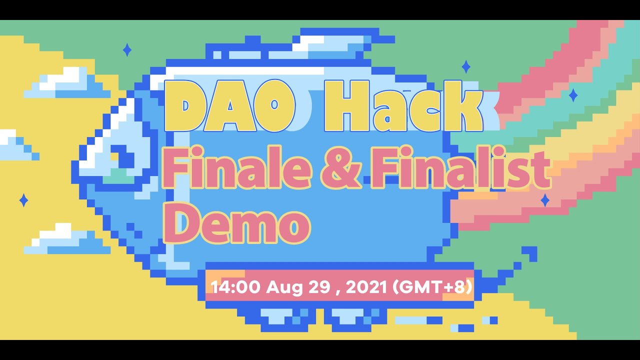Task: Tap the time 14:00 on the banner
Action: click(x=235, y=287)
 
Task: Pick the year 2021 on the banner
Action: click(x=366, y=287)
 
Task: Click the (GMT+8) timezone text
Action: click(x=433, y=287)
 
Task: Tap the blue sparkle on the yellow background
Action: click(x=23, y=200)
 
